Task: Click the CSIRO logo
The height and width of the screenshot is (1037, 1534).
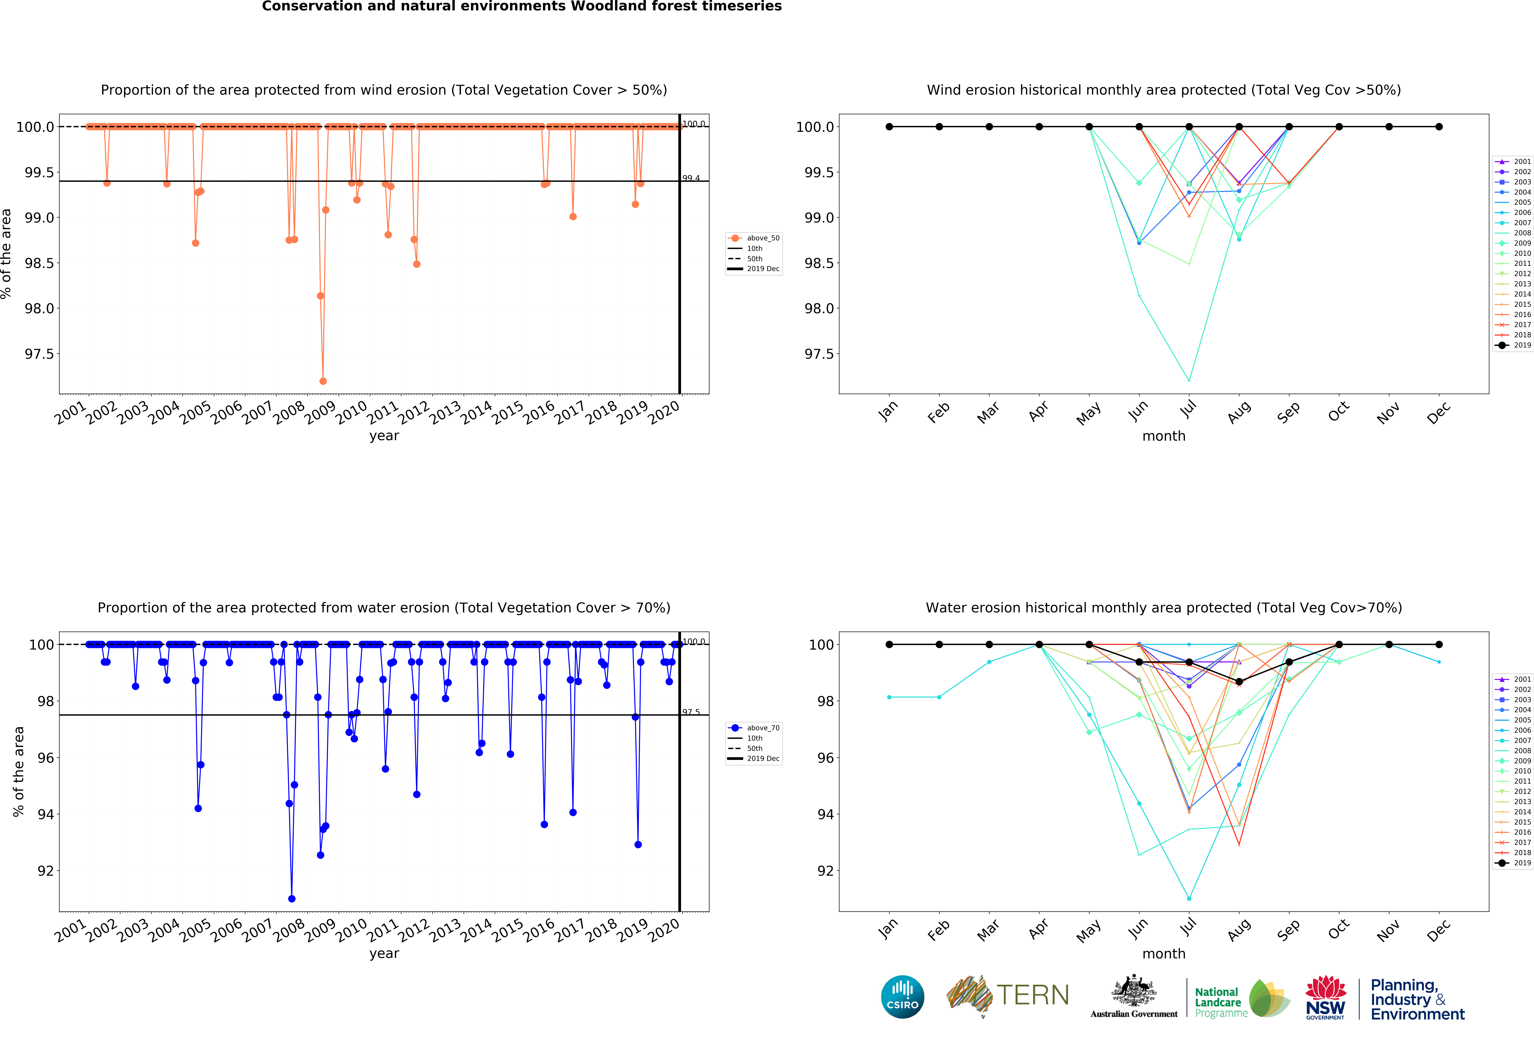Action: point(902,997)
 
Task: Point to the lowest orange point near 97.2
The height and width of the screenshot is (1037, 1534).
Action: point(323,381)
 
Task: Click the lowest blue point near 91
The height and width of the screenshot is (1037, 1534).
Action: point(292,898)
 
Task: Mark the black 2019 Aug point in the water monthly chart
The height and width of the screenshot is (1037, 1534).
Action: point(1239,681)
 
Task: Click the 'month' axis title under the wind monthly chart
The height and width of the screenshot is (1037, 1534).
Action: point(1164,436)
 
